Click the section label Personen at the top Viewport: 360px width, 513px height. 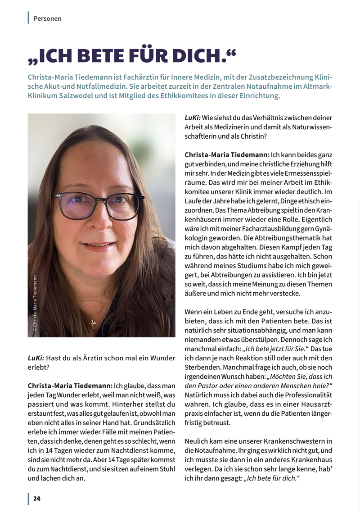pos(47,18)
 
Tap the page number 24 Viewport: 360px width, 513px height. pos(36,499)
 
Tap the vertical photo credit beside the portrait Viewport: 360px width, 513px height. pos(36,304)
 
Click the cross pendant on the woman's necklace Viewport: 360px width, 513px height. pos(93,322)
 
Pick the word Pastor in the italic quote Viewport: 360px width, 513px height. pos(209,386)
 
